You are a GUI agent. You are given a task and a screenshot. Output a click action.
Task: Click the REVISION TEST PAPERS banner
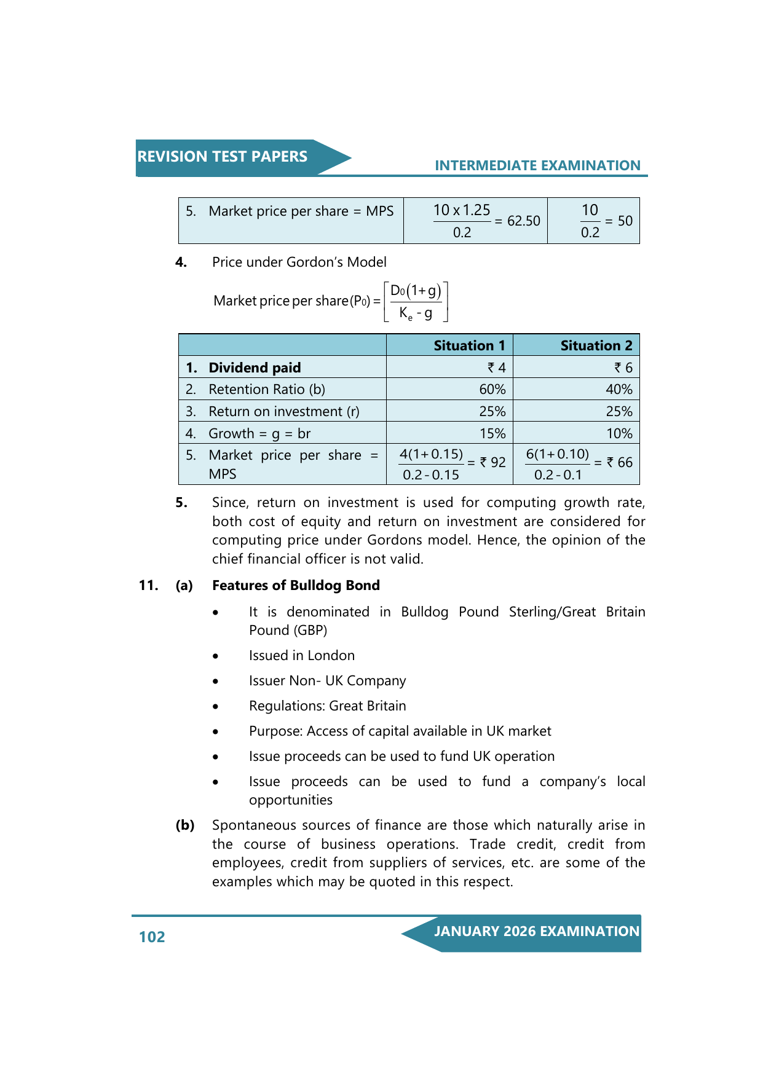[223, 157]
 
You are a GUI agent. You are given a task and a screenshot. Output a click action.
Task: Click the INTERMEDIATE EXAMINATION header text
[537, 165]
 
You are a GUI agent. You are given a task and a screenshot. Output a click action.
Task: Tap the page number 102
[152, 937]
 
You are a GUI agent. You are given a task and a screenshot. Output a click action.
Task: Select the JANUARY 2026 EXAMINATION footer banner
[536, 931]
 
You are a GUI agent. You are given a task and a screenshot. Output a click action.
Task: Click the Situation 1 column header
[469, 345]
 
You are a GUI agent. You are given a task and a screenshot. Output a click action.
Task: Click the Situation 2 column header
[596, 345]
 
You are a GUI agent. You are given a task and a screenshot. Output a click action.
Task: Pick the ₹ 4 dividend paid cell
[497, 368]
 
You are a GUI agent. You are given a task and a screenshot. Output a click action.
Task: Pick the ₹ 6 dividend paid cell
[623, 368]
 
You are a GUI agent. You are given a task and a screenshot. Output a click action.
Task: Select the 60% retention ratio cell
[492, 389]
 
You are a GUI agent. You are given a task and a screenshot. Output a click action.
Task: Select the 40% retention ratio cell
[619, 389]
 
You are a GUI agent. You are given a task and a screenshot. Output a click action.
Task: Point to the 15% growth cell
[492, 433]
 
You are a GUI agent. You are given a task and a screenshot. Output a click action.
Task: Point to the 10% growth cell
[619, 433]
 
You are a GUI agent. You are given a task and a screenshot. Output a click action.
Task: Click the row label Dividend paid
[255, 368]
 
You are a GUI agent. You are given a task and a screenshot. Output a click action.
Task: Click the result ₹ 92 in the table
[493, 462]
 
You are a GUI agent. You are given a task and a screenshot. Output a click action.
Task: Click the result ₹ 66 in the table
[620, 462]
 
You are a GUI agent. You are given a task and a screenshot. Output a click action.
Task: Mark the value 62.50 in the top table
[523, 221]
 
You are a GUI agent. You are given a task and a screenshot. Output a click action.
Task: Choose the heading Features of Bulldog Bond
[296, 585]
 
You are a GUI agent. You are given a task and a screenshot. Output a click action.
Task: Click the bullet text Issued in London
[301, 655]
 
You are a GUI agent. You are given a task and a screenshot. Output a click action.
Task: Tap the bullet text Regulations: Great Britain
[327, 706]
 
